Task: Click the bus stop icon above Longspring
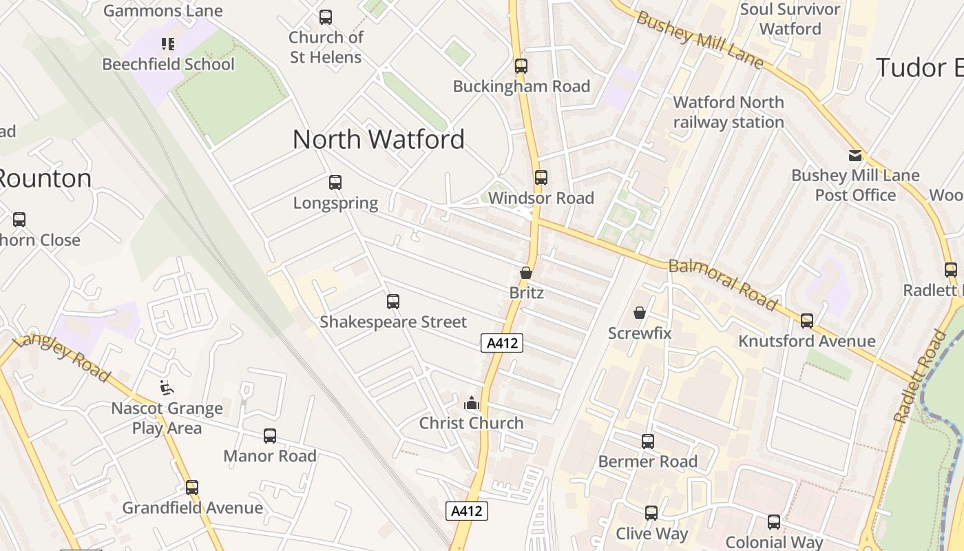(335, 183)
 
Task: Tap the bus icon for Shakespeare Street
(393, 302)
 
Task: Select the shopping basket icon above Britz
(526, 273)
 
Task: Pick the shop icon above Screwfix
(640, 313)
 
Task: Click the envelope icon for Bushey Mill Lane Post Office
(855, 156)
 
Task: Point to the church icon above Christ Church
(472, 403)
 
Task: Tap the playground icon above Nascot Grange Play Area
(167, 388)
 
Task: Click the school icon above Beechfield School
(168, 45)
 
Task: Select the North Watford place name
(379, 140)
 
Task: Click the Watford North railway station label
(729, 112)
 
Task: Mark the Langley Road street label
(62, 357)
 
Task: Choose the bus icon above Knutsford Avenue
(807, 321)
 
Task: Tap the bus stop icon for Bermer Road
(648, 441)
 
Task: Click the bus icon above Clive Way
(651, 513)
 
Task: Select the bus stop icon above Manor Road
(270, 436)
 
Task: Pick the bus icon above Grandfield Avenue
(192, 488)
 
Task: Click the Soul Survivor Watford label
(790, 19)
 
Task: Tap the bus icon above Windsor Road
(541, 178)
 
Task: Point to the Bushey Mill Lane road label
(700, 40)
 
